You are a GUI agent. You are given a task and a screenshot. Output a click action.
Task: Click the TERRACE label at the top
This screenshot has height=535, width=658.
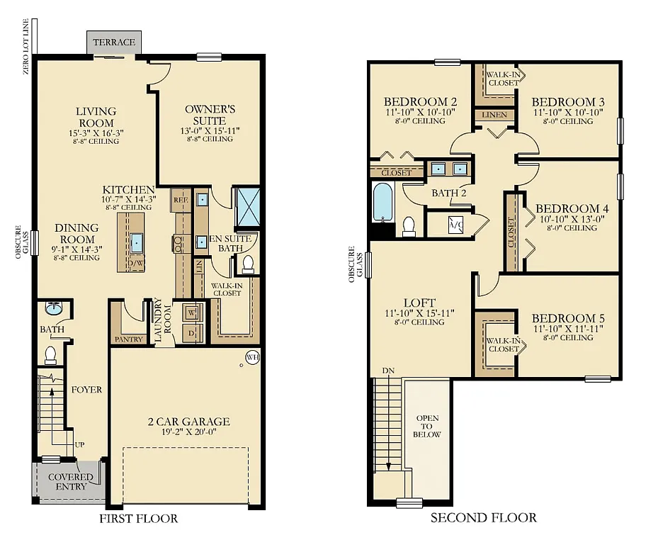pos(114,42)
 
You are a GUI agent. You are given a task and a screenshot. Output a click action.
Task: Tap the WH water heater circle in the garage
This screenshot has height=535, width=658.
pos(253,357)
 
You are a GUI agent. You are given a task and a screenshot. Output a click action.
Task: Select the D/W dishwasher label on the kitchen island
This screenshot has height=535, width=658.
pos(135,264)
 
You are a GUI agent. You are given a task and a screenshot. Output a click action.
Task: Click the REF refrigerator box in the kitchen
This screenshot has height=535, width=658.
pos(181,201)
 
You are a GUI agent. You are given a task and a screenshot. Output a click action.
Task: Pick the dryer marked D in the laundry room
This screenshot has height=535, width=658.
pos(192,334)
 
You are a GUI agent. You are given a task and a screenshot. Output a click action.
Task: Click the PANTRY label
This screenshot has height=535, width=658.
pos(128,339)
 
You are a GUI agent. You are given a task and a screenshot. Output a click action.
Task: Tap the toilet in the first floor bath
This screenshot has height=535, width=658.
pos(50,355)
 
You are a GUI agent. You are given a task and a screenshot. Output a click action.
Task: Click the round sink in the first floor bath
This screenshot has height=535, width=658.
pos(53,309)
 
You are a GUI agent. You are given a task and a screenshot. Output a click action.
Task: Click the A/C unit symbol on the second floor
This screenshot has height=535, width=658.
pos(455,224)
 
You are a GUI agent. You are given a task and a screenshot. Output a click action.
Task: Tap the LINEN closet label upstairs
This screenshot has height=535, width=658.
pos(494,115)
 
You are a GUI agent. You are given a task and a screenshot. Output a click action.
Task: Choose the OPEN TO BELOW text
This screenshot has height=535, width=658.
pos(427,427)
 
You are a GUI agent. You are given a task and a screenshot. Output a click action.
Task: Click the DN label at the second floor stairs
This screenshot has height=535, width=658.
pos(388,371)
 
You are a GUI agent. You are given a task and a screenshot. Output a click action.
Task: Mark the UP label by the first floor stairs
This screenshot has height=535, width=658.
pos(79,445)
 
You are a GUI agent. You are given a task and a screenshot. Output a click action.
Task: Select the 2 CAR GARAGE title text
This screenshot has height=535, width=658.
pos(189,421)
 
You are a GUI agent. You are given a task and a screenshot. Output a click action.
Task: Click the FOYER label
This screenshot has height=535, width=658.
pos(86,390)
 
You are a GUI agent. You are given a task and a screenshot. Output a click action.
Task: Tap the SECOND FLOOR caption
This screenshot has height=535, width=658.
pos(484,518)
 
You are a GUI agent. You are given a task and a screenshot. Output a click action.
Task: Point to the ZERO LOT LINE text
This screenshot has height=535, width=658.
pos(26,47)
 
